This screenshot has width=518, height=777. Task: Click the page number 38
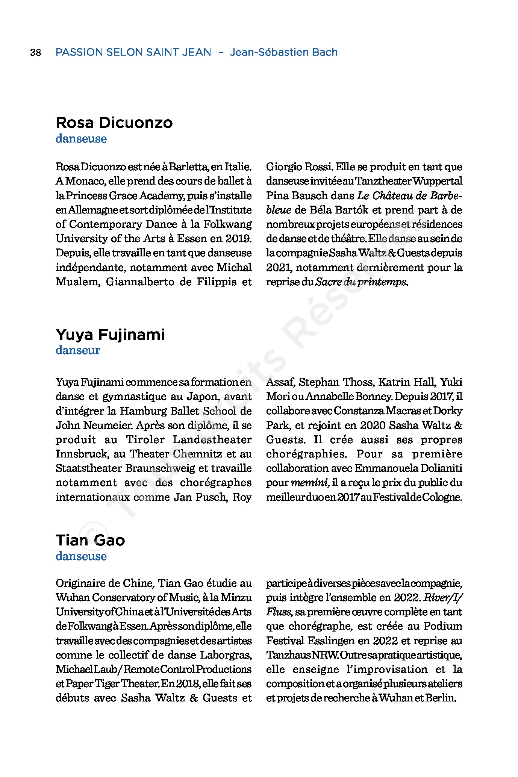[36, 52]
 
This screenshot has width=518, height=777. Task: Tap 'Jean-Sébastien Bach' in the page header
[283, 52]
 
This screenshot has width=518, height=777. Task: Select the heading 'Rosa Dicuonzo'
[114, 123]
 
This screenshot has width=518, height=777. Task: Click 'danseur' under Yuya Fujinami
[78, 350]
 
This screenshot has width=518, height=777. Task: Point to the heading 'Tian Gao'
[90, 540]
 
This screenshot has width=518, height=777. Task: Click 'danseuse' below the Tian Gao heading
[81, 556]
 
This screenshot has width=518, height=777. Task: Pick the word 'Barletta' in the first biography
[188, 167]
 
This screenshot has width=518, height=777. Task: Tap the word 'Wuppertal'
[443, 181]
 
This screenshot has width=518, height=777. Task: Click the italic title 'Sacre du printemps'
[361, 282]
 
